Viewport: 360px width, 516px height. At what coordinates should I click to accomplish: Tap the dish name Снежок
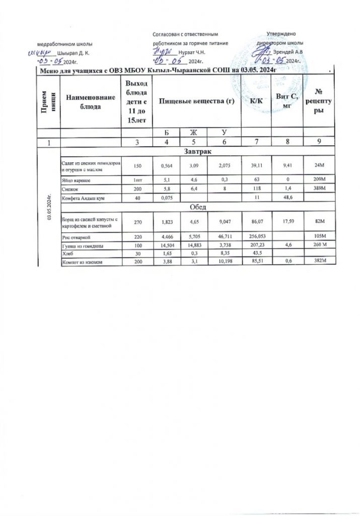[70, 187]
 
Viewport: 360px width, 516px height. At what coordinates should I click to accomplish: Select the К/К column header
[256, 101]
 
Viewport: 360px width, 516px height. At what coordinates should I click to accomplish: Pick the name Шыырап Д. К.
[74, 52]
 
